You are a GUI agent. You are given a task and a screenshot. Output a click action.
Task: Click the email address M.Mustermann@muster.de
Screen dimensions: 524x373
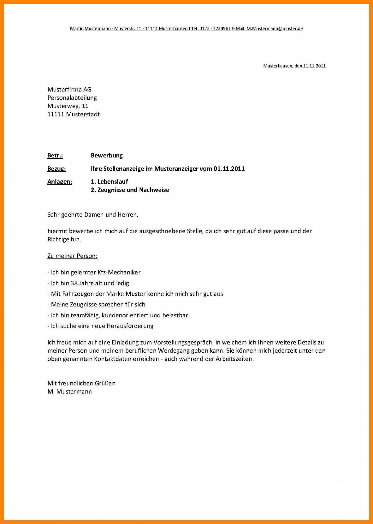(x=274, y=29)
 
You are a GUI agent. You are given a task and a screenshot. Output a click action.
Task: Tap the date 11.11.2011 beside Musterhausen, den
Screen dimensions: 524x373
(x=314, y=66)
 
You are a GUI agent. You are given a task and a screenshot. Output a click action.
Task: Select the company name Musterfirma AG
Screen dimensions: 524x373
(x=69, y=90)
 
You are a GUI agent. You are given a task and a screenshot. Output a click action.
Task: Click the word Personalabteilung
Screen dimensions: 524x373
(x=72, y=98)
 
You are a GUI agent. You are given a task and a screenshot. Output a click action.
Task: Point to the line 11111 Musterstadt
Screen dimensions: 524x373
(x=73, y=114)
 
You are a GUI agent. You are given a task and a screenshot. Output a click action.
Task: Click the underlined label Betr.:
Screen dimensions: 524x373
(x=55, y=156)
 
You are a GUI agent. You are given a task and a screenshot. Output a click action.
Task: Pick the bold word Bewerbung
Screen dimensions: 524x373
(x=107, y=156)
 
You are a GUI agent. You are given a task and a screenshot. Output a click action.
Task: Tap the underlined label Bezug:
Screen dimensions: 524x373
(x=56, y=169)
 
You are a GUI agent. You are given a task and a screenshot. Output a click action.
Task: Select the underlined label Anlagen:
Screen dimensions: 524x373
(x=60, y=182)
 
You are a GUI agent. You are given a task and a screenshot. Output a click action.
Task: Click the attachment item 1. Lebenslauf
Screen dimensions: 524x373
(x=109, y=182)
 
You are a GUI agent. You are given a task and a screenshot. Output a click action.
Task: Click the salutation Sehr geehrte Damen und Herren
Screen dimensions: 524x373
(x=93, y=215)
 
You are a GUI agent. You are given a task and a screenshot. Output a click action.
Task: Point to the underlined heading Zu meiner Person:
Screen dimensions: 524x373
(x=72, y=256)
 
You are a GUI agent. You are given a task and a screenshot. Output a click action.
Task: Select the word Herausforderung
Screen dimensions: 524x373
(x=130, y=326)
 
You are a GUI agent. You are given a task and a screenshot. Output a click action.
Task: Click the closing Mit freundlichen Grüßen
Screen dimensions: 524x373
(x=81, y=383)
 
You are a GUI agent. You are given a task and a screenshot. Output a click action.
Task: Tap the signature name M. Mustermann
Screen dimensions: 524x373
(x=69, y=392)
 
